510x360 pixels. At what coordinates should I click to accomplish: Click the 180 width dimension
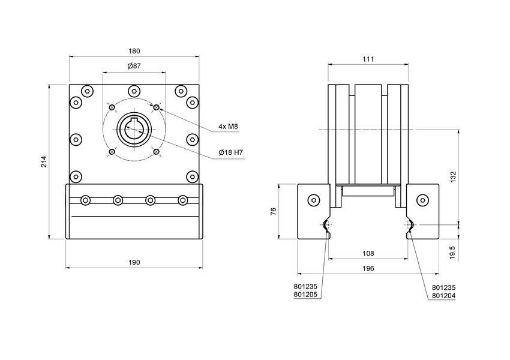coord(134,51)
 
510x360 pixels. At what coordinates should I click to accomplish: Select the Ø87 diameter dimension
coord(134,66)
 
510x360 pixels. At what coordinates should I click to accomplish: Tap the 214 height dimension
coord(44,162)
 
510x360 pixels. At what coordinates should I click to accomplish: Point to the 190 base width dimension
coord(134,262)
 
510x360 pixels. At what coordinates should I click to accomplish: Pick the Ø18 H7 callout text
coord(231,152)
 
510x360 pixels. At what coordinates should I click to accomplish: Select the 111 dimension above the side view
coord(368,59)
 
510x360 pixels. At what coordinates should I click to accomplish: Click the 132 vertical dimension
coord(454,176)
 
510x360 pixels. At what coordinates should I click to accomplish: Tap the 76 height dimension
coord(274,211)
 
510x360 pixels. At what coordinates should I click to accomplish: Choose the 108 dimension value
coord(368,254)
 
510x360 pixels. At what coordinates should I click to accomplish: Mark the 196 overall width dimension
coord(368,269)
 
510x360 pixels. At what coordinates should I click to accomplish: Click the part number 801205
coord(307,295)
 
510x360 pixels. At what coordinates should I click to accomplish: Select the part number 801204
coord(445,295)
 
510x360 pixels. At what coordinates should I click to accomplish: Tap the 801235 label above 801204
coord(445,287)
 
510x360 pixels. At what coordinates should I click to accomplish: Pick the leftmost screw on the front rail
coord(86,200)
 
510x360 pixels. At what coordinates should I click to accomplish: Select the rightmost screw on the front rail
coord(182,200)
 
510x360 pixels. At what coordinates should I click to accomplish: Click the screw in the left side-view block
coord(313,200)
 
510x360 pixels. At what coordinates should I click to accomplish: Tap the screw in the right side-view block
coord(423,200)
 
